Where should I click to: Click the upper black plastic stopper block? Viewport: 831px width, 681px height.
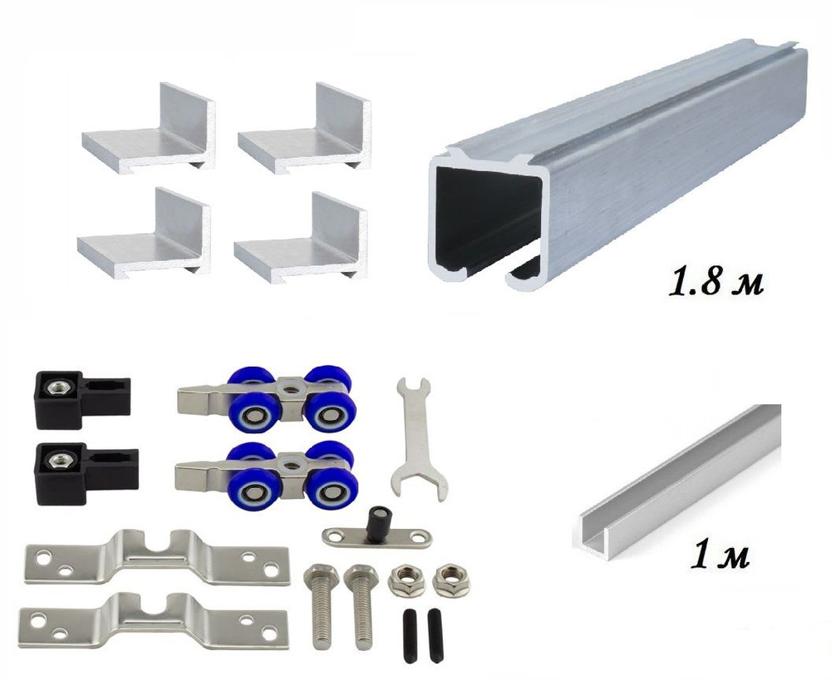(82, 399)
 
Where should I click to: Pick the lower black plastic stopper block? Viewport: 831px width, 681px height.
(86, 473)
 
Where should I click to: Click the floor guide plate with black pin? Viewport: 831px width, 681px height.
(376, 532)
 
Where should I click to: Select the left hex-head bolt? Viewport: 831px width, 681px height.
(319, 605)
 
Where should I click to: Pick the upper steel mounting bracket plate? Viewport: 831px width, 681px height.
(157, 558)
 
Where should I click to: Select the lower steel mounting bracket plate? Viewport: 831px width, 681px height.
(154, 622)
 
